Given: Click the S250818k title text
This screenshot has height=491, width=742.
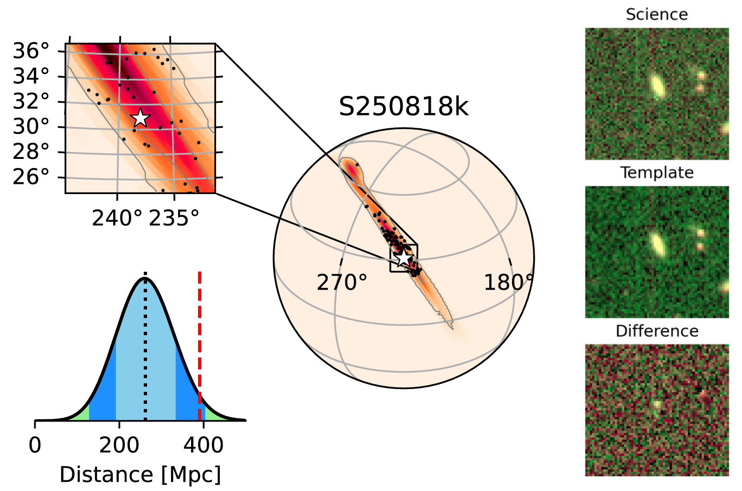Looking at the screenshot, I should click(403, 107).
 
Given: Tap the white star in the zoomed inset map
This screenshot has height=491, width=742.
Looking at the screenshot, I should click(140, 118).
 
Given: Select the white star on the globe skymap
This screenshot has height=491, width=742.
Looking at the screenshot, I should click(404, 258).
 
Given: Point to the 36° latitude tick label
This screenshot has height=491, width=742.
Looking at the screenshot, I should click(31, 51).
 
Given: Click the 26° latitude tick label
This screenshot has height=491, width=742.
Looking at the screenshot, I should click(31, 176).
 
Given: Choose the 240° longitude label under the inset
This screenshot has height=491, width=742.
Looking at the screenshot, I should click(117, 218).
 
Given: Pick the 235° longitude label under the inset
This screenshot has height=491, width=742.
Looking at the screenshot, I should click(174, 218).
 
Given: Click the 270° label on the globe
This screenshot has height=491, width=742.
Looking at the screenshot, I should click(342, 282).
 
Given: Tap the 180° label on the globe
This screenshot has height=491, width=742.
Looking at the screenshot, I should click(508, 282).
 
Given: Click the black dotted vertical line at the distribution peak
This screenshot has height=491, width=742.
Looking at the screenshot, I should click(145, 347).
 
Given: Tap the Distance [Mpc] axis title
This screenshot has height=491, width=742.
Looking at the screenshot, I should click(140, 475).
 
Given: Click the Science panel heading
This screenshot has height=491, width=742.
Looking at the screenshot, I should click(657, 14).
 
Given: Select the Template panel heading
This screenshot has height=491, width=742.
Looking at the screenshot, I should click(657, 173).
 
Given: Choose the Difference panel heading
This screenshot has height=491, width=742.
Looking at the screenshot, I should click(657, 331).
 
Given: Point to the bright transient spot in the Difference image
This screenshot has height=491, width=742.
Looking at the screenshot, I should click(657, 404).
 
